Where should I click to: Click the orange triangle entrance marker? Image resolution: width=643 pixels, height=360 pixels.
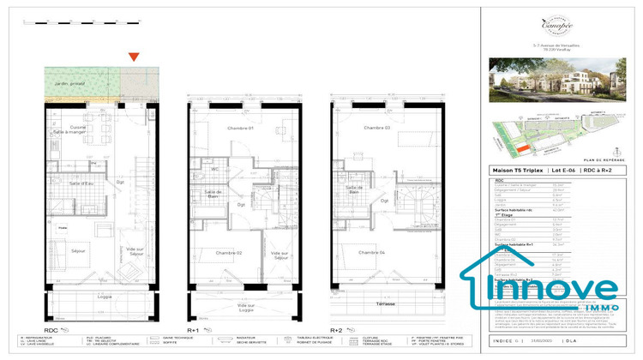click(x=133, y=57)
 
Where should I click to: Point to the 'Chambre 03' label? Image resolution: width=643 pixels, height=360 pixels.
click(x=376, y=128)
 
